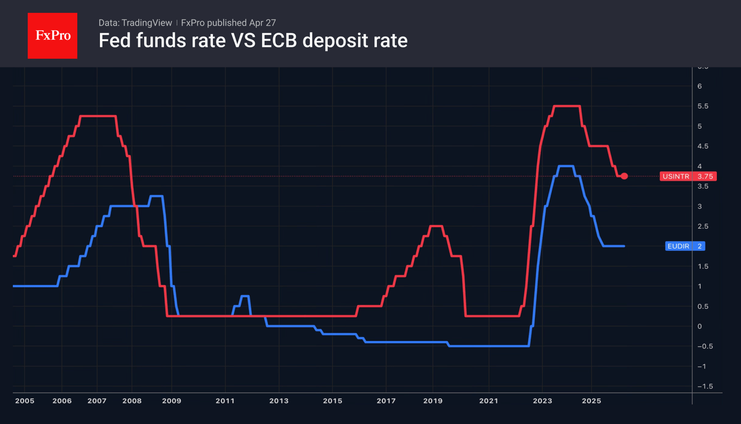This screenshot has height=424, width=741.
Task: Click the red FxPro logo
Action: [x=52, y=36]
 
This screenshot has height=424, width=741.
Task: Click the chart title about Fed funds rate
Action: [x=253, y=40]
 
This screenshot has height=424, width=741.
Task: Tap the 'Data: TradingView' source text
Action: [x=135, y=23]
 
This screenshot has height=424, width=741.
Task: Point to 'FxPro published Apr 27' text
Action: [x=229, y=23]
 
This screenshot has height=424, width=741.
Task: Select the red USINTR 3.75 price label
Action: [x=688, y=176]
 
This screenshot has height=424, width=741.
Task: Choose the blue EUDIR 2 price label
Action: [x=685, y=246]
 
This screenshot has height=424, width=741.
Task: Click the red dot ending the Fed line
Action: [x=624, y=176]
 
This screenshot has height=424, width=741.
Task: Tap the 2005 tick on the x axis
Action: [x=24, y=401]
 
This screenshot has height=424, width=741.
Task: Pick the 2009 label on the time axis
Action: [x=172, y=401]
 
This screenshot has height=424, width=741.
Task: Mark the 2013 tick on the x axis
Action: [x=279, y=401]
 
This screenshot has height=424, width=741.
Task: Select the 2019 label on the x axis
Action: [x=433, y=401]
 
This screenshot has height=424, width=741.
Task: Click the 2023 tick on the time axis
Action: [x=542, y=401]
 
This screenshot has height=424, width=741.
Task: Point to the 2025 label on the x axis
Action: [x=592, y=401]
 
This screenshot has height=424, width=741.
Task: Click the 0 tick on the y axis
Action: [x=700, y=327]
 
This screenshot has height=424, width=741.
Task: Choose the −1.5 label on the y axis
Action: [x=704, y=386]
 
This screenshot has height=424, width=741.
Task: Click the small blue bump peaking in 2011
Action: [x=245, y=296]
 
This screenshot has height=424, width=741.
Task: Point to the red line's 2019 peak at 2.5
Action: [x=436, y=226]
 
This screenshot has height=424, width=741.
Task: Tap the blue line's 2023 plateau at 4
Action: [x=566, y=166]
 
